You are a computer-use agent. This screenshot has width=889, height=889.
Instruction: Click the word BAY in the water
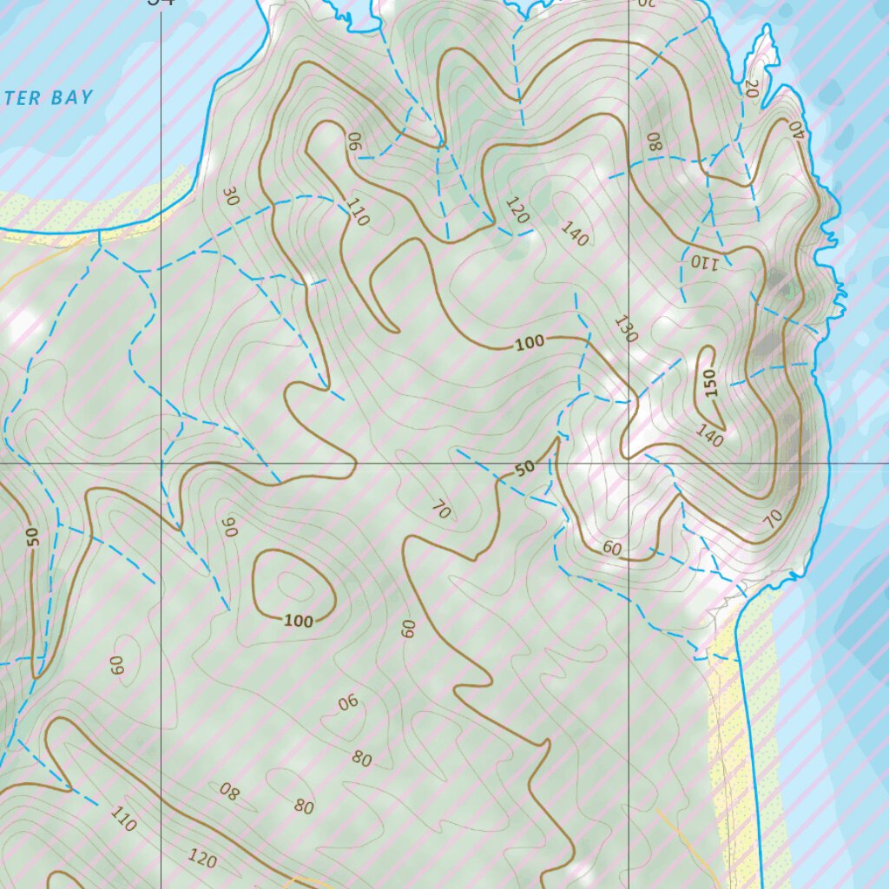[x=71, y=97]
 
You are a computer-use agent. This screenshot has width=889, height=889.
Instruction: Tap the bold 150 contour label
[x=711, y=384]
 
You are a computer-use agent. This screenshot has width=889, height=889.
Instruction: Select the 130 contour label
[x=625, y=328]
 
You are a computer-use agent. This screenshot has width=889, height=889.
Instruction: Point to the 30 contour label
[x=230, y=196]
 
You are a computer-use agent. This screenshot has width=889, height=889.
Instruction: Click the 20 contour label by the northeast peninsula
[x=751, y=88]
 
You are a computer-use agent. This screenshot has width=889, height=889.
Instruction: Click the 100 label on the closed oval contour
[x=299, y=621]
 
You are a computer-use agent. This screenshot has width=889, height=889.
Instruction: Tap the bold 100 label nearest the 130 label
[x=530, y=343]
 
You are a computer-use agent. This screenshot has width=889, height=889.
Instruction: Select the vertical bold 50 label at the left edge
[x=33, y=537]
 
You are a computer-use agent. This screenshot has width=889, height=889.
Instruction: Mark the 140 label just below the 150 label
[x=709, y=437]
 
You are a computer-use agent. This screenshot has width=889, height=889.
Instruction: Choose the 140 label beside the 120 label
[x=575, y=234]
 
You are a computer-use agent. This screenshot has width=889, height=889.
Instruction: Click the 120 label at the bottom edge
[x=202, y=859]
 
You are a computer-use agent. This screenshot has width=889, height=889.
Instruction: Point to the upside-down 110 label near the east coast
[x=703, y=260]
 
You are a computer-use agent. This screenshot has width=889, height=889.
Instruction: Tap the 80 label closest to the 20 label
[x=654, y=142]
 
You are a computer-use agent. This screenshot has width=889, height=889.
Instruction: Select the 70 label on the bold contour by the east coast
[x=773, y=519]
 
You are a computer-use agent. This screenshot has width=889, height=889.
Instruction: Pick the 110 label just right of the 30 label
[x=357, y=212]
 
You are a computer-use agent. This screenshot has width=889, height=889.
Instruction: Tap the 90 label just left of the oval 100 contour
[x=229, y=527]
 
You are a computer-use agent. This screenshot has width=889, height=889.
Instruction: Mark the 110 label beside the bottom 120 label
[x=123, y=818]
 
